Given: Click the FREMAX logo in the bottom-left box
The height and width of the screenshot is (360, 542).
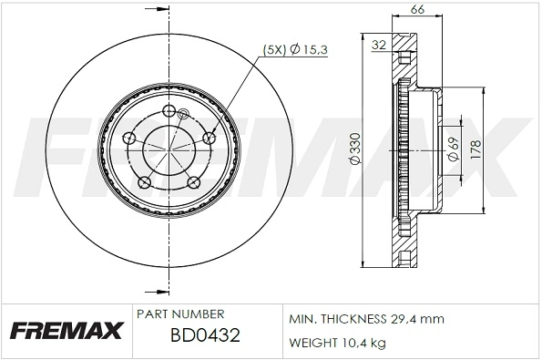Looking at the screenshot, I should pos(65,331).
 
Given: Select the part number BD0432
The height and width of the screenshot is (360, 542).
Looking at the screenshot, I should pos(204,335).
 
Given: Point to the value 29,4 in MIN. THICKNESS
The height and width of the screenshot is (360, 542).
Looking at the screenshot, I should pos(407,319).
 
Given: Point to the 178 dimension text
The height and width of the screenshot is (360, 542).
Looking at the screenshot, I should pos(475,149).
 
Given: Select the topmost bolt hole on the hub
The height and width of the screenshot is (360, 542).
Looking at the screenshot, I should pos(169,111).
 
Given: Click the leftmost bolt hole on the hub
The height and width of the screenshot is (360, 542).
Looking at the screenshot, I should pos(129,139).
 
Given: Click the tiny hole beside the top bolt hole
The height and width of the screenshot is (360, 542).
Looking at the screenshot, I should pos(182,115).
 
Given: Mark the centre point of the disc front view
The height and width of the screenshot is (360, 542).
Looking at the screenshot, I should pos(169,149).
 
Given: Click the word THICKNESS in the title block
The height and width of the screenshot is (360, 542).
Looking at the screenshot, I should pos(357,319).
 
